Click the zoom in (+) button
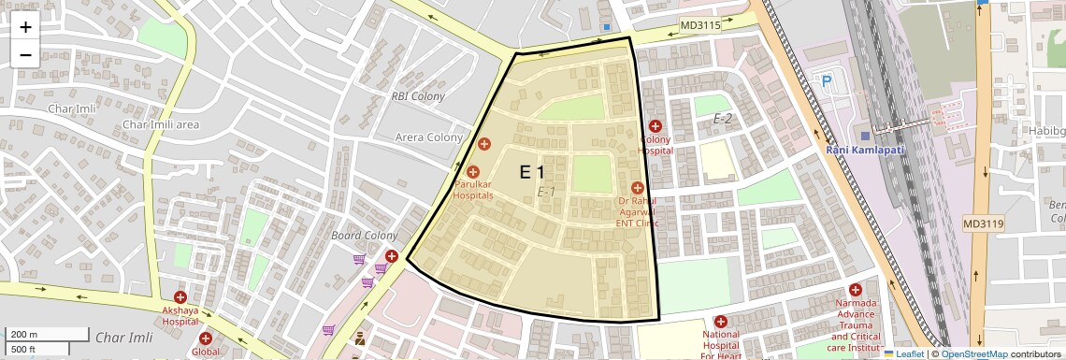[x=25, y=27]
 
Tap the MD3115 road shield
[x=700, y=25]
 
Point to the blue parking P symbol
[x=826, y=82]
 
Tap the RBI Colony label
[x=417, y=96]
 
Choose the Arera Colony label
[x=428, y=137]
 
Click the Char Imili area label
[x=161, y=124]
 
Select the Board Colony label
[x=365, y=236]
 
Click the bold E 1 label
[x=532, y=172]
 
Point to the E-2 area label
[x=723, y=119]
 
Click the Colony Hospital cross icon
[x=655, y=126]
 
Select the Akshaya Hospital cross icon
[x=180, y=296]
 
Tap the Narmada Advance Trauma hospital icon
[x=855, y=291]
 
